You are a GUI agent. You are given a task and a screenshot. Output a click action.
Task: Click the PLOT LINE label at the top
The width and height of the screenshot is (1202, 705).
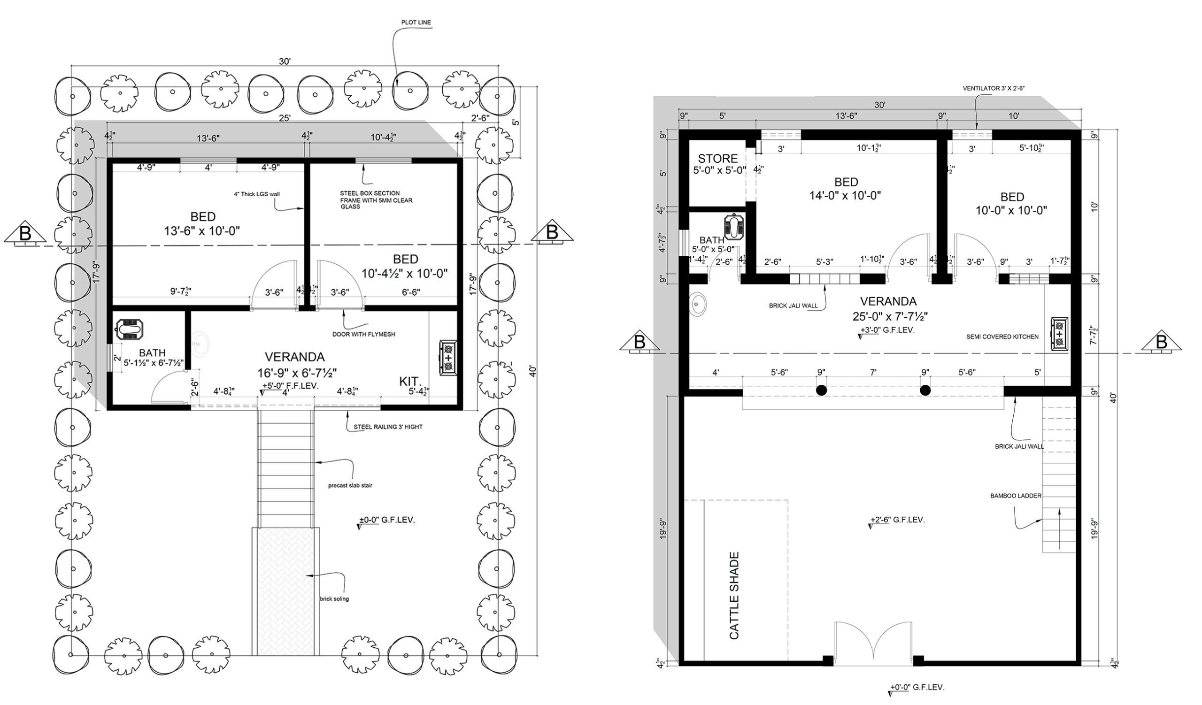pyautogui.click(x=416, y=23)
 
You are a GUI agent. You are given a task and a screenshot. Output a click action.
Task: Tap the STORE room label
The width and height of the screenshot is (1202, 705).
pyautogui.click(x=718, y=159)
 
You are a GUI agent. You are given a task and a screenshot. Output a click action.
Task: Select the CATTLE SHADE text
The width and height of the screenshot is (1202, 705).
pyautogui.click(x=734, y=595)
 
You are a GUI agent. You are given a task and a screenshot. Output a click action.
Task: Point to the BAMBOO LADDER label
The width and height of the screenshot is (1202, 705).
pyautogui.click(x=1016, y=496)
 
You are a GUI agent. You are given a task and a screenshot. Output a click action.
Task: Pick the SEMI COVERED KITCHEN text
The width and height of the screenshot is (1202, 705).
pyautogui.click(x=1002, y=337)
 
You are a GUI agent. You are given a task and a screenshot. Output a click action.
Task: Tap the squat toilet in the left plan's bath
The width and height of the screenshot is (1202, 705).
pyautogui.click(x=130, y=330)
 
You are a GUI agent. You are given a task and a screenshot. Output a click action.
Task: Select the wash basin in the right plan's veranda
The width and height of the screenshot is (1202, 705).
pyautogui.click(x=698, y=304)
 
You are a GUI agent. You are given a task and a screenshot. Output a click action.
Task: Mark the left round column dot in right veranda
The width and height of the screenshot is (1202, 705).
pyautogui.click(x=821, y=391)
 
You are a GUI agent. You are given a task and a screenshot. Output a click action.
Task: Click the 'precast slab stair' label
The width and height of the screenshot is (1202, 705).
pyautogui.click(x=350, y=486)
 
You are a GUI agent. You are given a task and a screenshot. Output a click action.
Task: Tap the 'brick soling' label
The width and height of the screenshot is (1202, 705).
pyautogui.click(x=334, y=599)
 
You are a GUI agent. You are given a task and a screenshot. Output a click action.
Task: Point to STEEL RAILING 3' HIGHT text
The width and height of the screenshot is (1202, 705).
pyautogui.click(x=388, y=427)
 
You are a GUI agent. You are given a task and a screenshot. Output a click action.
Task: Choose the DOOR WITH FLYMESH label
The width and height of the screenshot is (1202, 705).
pyautogui.click(x=363, y=335)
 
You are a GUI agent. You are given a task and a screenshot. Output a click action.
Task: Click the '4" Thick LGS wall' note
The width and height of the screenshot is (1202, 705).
pyautogui.click(x=257, y=194)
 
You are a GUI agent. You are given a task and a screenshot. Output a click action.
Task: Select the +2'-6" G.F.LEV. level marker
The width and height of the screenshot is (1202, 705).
pyautogui.click(x=896, y=520)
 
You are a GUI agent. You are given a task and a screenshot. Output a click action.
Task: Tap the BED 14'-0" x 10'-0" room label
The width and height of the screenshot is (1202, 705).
pyautogui.click(x=845, y=189)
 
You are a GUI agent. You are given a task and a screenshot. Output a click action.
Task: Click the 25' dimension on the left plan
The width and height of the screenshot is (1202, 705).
pyautogui.click(x=285, y=118)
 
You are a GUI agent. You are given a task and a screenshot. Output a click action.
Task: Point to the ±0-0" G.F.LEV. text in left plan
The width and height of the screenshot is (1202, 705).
pyautogui.click(x=386, y=520)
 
